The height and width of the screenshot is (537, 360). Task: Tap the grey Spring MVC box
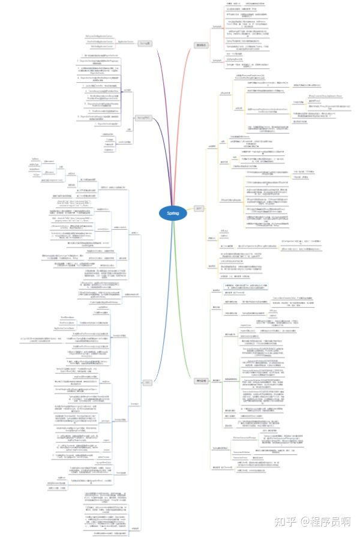pyautogui.click(x=141, y=117)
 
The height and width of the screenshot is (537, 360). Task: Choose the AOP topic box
pyautogui.click(x=199, y=208)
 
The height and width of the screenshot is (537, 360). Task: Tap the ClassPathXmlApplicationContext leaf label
pyautogui.click(x=100, y=41)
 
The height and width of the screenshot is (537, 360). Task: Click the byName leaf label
pyautogui.click(x=35, y=160)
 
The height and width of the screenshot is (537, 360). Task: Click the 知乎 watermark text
pyautogui.click(x=283, y=520)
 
